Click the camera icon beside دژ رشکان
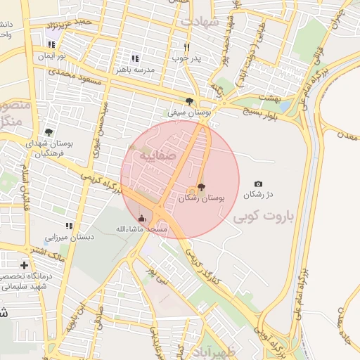258,184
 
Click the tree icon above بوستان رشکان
202,187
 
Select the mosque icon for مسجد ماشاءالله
142,218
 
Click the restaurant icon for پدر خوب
186,47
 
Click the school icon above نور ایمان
51,44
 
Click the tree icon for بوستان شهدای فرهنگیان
49,131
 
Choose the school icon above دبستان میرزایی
69,226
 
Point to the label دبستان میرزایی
69,237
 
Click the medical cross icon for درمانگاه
25,265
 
